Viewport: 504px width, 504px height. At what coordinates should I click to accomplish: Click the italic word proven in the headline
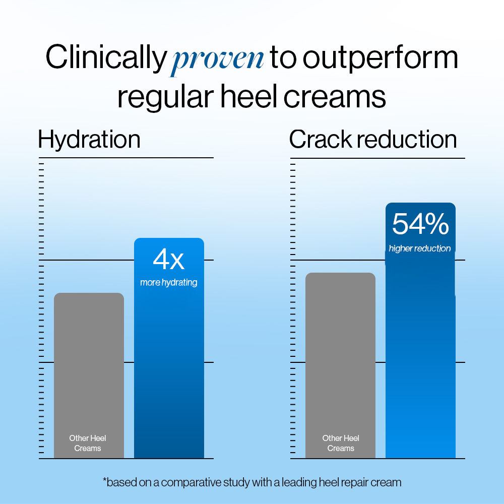216,59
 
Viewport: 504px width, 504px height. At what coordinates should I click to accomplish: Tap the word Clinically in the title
105,58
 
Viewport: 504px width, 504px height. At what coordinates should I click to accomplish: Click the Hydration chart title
89,139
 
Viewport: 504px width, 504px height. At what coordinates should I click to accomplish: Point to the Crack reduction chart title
373,139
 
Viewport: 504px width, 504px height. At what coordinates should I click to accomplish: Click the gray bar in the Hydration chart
89,363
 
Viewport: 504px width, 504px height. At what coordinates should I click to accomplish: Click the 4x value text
169,260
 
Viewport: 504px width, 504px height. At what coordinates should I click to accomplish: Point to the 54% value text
420,224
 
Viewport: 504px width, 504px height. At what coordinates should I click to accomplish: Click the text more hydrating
169,283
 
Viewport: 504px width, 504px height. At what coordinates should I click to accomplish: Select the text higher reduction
420,248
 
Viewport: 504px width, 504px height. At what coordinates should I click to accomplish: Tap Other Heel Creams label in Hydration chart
88,443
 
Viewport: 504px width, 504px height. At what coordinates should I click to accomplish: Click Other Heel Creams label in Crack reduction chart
341,443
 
